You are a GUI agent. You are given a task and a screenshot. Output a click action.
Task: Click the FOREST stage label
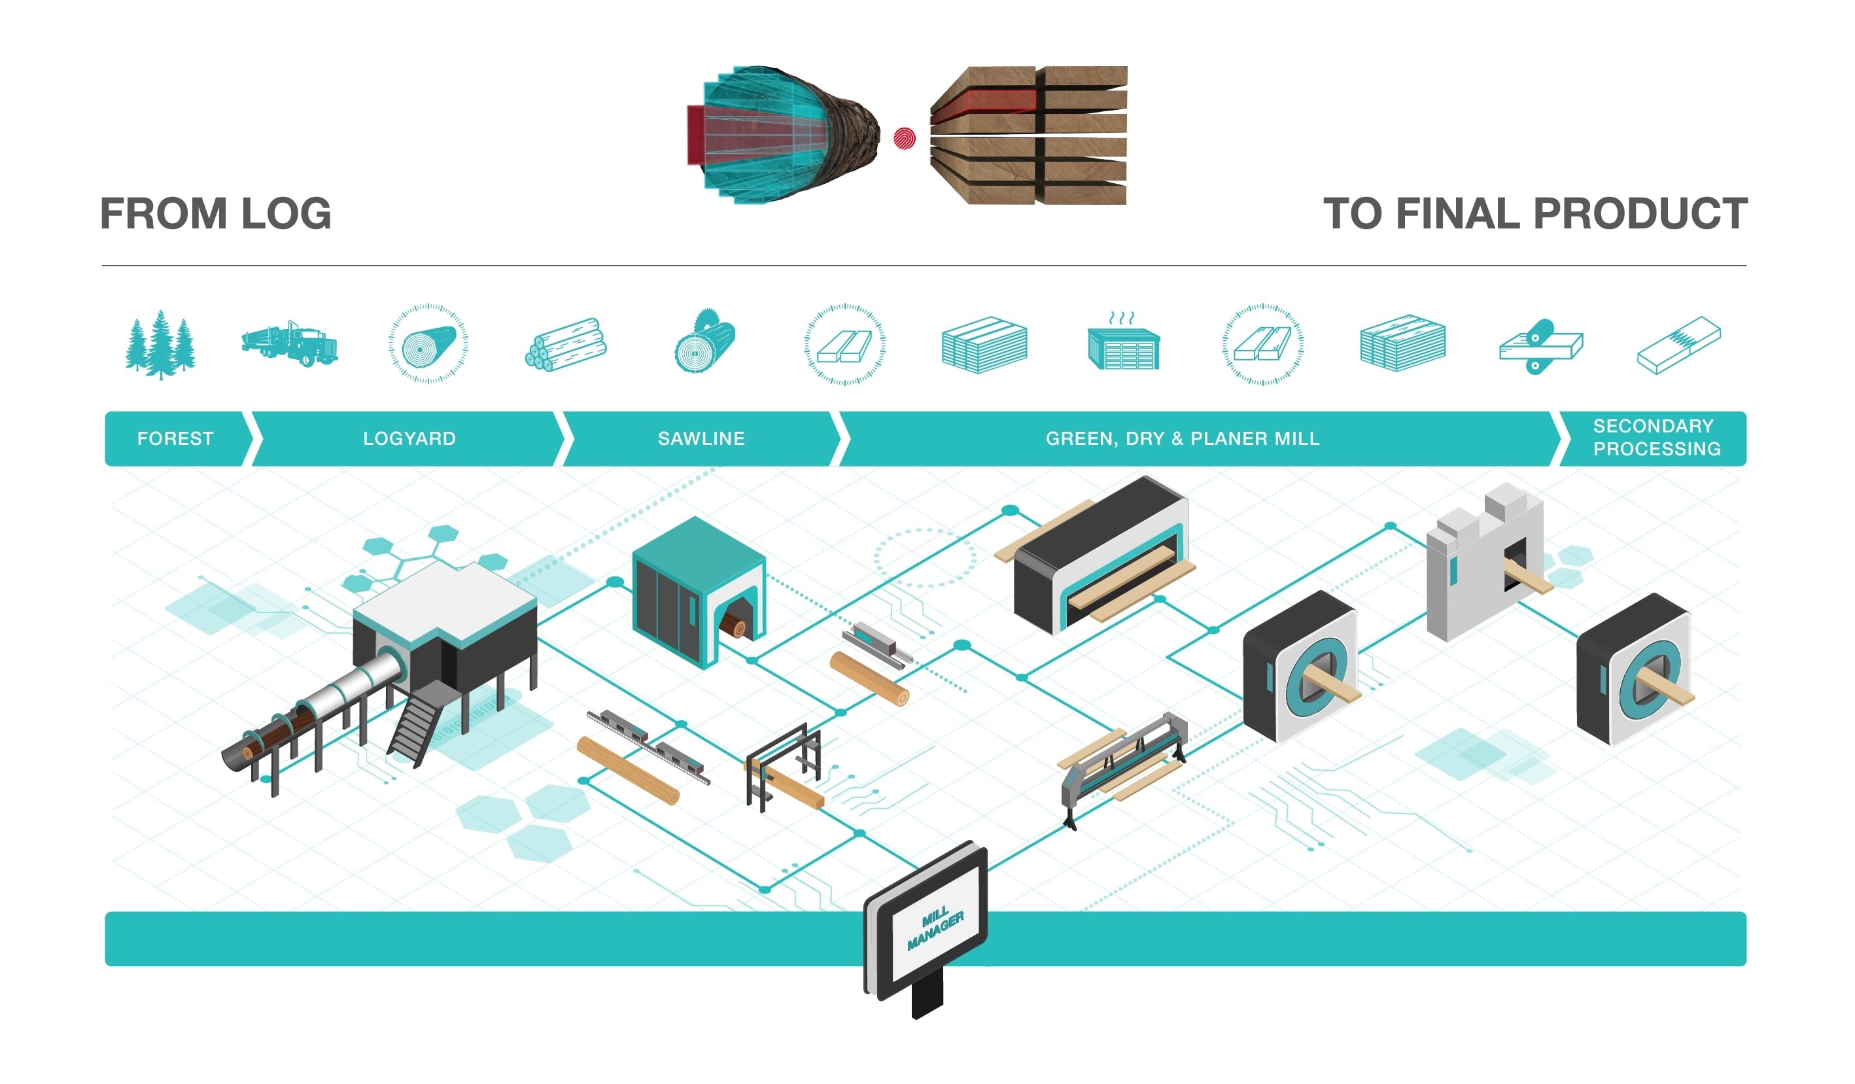click(175, 439)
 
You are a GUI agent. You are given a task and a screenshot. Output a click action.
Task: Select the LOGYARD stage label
click(409, 439)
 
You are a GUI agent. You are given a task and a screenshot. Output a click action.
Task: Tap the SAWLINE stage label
click(701, 439)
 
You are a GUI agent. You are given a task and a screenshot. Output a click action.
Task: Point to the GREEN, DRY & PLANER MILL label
click(1182, 439)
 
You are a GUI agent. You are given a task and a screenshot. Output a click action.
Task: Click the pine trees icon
click(160, 345)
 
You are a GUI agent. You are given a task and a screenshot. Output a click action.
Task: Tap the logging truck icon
click(290, 344)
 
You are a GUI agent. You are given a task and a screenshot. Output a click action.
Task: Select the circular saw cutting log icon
click(705, 342)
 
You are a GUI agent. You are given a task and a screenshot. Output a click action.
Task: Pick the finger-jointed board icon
click(1678, 345)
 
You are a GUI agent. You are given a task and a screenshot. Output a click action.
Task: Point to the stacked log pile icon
click(565, 345)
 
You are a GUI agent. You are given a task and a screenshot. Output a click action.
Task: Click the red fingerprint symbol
click(904, 139)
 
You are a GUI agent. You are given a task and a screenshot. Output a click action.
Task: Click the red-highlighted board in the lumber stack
click(986, 101)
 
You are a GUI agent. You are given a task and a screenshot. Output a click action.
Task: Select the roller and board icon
click(1540, 346)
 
